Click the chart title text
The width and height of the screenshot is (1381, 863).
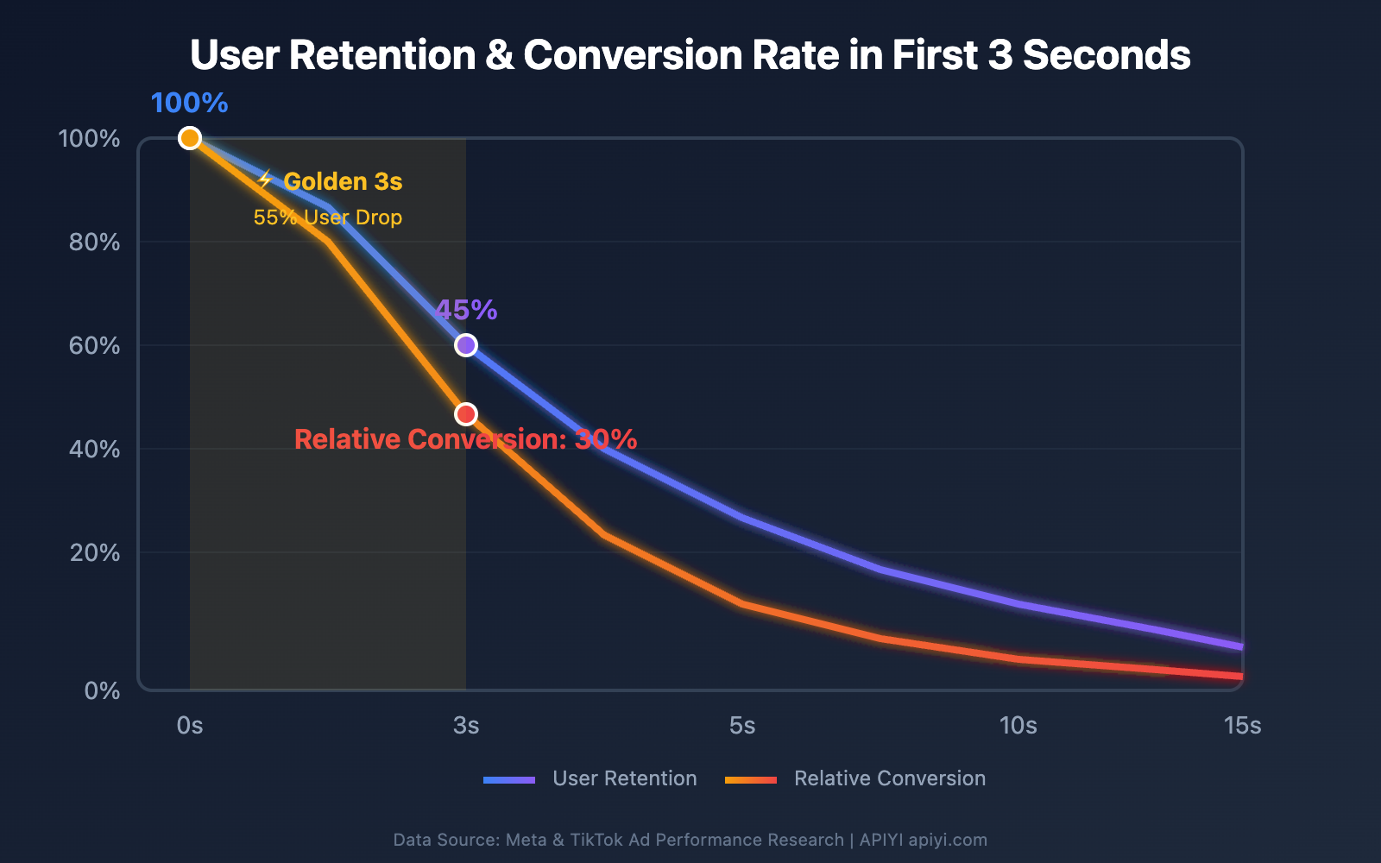[x=690, y=55]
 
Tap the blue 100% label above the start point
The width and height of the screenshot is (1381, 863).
[x=189, y=103]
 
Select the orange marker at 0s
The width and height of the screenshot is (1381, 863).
[x=190, y=138]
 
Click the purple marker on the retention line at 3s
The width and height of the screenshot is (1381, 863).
[x=466, y=345]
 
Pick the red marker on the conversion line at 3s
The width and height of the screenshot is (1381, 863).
[x=466, y=414]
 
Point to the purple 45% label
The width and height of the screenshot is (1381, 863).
[x=466, y=310]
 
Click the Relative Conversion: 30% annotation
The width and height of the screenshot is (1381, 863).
[x=465, y=439]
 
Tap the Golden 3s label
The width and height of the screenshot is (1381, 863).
[x=343, y=182]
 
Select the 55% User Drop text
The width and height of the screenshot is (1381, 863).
[x=328, y=217]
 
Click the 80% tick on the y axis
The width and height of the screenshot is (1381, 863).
[x=94, y=242]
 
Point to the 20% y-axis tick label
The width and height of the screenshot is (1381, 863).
[x=94, y=552]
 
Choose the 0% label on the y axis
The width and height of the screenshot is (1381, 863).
[x=102, y=690]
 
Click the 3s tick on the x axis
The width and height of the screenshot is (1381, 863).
[x=466, y=726]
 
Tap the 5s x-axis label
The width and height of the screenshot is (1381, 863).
[x=742, y=726]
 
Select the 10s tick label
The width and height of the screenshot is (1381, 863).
[x=1018, y=726]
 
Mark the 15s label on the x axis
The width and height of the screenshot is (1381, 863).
[x=1242, y=726]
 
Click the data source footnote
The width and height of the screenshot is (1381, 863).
[x=690, y=840]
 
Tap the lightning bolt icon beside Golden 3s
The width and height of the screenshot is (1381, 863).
[x=266, y=180]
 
